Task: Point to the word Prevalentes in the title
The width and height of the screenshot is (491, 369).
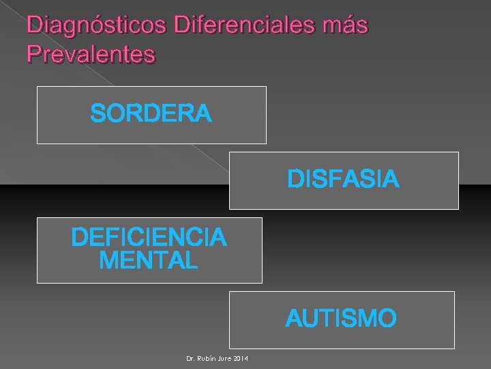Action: click(91, 54)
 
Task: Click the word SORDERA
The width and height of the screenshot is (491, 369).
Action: click(151, 114)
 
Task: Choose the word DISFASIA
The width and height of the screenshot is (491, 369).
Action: click(343, 180)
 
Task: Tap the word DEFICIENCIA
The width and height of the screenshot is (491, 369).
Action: click(149, 238)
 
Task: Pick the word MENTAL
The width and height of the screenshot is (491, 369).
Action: click(149, 260)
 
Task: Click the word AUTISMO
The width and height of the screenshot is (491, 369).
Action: click(341, 318)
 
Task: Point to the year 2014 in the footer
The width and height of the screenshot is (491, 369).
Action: click(241, 359)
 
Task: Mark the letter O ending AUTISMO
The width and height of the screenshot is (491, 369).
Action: click(387, 318)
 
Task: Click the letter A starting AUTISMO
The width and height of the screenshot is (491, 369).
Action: click(293, 318)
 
